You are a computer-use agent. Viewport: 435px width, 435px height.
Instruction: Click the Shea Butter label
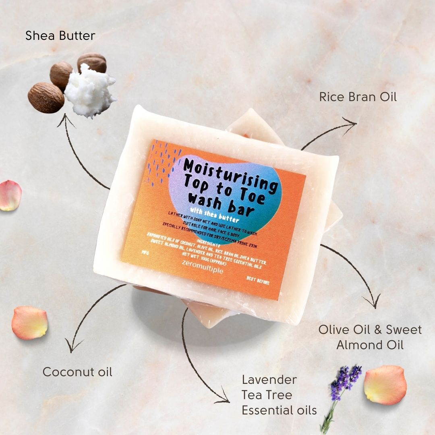click(60, 36)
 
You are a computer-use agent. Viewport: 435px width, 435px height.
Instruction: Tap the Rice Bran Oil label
click(358, 97)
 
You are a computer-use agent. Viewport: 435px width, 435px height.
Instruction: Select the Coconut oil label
click(77, 371)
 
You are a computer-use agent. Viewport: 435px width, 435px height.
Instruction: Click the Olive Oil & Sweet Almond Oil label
click(370, 337)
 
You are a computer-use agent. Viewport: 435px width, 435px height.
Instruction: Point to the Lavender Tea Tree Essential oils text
click(279, 395)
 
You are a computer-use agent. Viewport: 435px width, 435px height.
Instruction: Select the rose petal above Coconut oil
click(29, 322)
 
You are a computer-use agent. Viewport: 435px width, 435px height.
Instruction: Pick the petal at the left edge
click(10, 195)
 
